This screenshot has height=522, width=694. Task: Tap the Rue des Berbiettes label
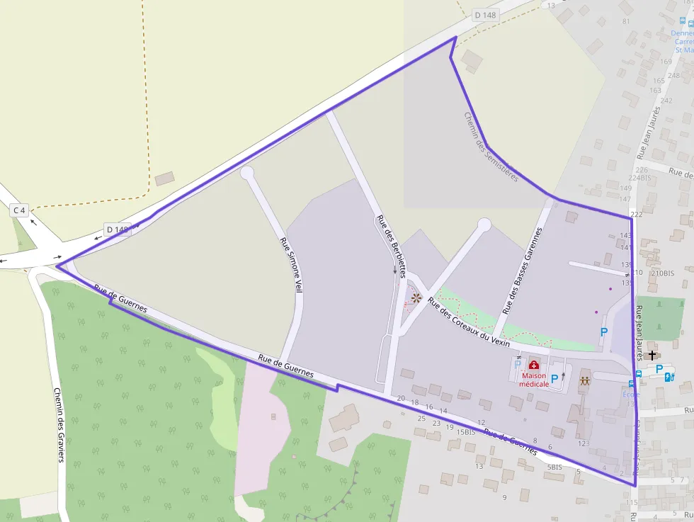[392, 246]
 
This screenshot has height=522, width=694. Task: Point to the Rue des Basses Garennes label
[522, 271]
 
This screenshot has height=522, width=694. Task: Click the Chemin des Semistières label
[491, 147]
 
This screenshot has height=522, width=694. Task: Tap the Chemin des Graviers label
[59, 424]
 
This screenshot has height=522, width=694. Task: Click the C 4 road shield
[18, 210]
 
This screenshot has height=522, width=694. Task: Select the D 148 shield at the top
[486, 15]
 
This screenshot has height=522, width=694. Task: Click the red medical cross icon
[533, 365]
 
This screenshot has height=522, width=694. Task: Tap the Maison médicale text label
[533, 380]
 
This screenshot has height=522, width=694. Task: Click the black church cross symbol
[652, 354]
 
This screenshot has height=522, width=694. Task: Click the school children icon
[584, 380]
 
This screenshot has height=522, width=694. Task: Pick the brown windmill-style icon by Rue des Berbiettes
[416, 298]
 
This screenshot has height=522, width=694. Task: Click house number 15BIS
[465, 432]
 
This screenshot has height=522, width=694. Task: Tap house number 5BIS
[554, 467]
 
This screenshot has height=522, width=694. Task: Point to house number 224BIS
[639, 178]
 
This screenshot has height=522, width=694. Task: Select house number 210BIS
[662, 273]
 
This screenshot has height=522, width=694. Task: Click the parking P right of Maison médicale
[554, 378]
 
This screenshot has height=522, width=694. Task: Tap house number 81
[626, 21]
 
